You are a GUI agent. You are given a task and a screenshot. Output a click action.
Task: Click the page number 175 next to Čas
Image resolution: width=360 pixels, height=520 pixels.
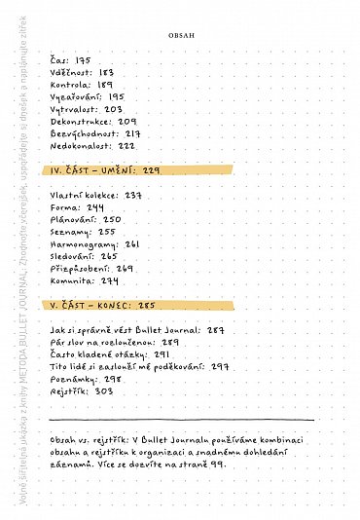click(x=83, y=60)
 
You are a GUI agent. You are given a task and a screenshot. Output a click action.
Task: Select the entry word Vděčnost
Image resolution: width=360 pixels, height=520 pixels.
click(x=71, y=72)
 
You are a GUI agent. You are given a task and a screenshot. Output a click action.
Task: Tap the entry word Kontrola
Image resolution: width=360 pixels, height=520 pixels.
click(x=70, y=85)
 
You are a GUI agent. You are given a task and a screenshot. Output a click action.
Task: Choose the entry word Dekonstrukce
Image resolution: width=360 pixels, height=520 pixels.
click(x=80, y=122)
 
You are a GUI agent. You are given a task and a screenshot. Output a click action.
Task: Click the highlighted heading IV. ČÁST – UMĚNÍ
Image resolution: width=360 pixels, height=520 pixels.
click(x=93, y=170)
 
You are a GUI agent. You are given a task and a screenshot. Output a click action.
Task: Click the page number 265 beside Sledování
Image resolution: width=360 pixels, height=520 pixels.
click(x=109, y=256)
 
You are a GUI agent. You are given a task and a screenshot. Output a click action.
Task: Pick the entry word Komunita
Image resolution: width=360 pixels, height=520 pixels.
click(x=72, y=280)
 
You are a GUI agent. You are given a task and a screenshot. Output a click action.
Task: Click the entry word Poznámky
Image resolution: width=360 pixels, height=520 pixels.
click(x=71, y=379)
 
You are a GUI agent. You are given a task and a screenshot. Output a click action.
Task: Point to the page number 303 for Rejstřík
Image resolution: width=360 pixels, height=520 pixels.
click(x=104, y=390)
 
